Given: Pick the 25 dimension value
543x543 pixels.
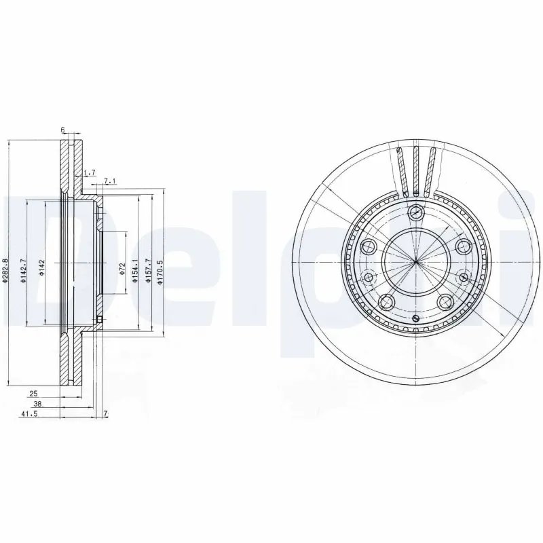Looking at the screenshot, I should (33, 393).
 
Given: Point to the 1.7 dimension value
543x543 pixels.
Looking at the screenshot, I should (90, 173).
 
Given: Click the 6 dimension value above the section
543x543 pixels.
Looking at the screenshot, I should (62, 130).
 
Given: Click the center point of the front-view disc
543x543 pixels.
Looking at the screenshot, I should (415, 261).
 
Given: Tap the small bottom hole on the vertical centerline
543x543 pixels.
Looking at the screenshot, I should (415, 317).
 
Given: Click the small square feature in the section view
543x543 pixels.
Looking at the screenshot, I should (98, 320).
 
